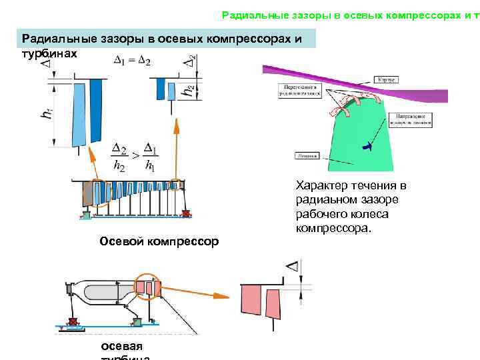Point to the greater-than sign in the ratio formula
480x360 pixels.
[x=135, y=155]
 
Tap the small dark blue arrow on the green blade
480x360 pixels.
[x=365, y=145]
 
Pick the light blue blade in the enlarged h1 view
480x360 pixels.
[x=80, y=113]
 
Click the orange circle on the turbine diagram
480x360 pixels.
[x=148, y=287]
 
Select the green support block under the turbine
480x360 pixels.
[x=138, y=322]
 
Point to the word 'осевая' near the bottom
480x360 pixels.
[x=121, y=346]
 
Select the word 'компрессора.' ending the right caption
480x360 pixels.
[x=337, y=228]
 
